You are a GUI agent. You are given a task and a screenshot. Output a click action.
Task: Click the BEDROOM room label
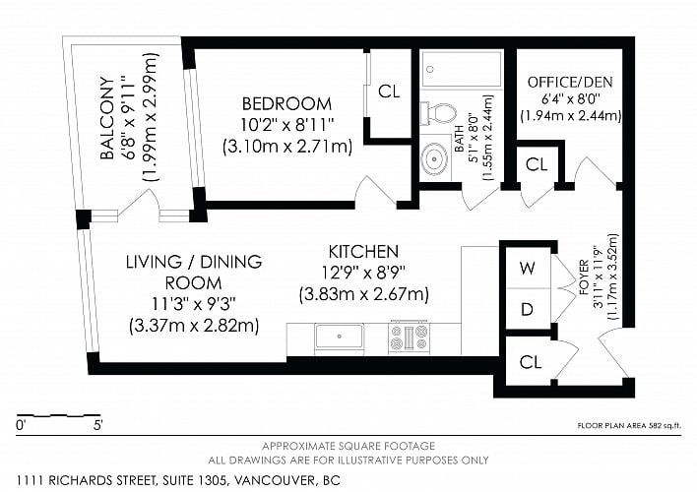[x=286, y=103]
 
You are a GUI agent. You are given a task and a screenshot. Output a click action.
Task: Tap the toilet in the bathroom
[x=439, y=113]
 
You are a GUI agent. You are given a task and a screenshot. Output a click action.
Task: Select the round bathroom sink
[x=435, y=158]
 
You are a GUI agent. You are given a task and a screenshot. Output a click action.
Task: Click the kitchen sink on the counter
[x=340, y=336]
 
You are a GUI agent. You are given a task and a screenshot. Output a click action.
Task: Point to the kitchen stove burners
[x=409, y=337]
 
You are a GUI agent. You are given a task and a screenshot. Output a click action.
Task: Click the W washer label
[x=528, y=268]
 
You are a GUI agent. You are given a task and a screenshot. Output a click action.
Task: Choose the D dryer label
[x=527, y=309]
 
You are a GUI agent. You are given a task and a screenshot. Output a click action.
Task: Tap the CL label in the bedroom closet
[x=389, y=92]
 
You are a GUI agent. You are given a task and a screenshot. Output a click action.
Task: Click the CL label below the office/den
[x=537, y=165]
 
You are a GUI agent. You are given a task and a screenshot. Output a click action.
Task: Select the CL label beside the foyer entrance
[x=531, y=362]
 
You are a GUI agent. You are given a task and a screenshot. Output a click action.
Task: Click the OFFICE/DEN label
[x=570, y=82]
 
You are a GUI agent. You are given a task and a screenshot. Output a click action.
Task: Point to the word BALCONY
[x=106, y=118]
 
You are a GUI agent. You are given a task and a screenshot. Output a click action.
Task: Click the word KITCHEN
[x=363, y=252]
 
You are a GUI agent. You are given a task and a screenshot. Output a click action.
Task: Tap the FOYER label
[x=584, y=277]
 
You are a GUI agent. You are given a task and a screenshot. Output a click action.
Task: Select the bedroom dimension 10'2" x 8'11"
[x=286, y=125]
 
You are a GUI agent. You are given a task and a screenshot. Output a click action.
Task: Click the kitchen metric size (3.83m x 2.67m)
[x=364, y=294]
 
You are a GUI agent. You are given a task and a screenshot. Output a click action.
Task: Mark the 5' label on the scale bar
[x=97, y=425]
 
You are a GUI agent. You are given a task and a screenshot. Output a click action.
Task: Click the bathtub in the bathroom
[x=462, y=69]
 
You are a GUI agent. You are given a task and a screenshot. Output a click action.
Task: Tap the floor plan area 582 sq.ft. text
[x=629, y=426]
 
